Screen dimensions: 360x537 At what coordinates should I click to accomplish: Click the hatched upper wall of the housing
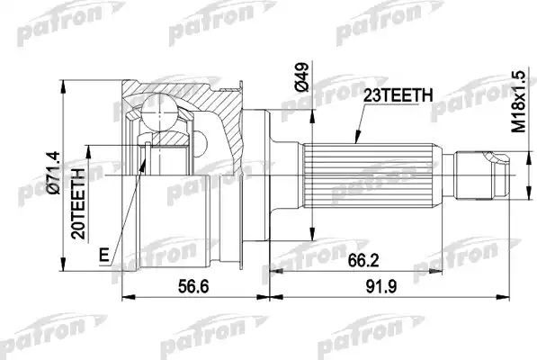(x=180, y=90)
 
